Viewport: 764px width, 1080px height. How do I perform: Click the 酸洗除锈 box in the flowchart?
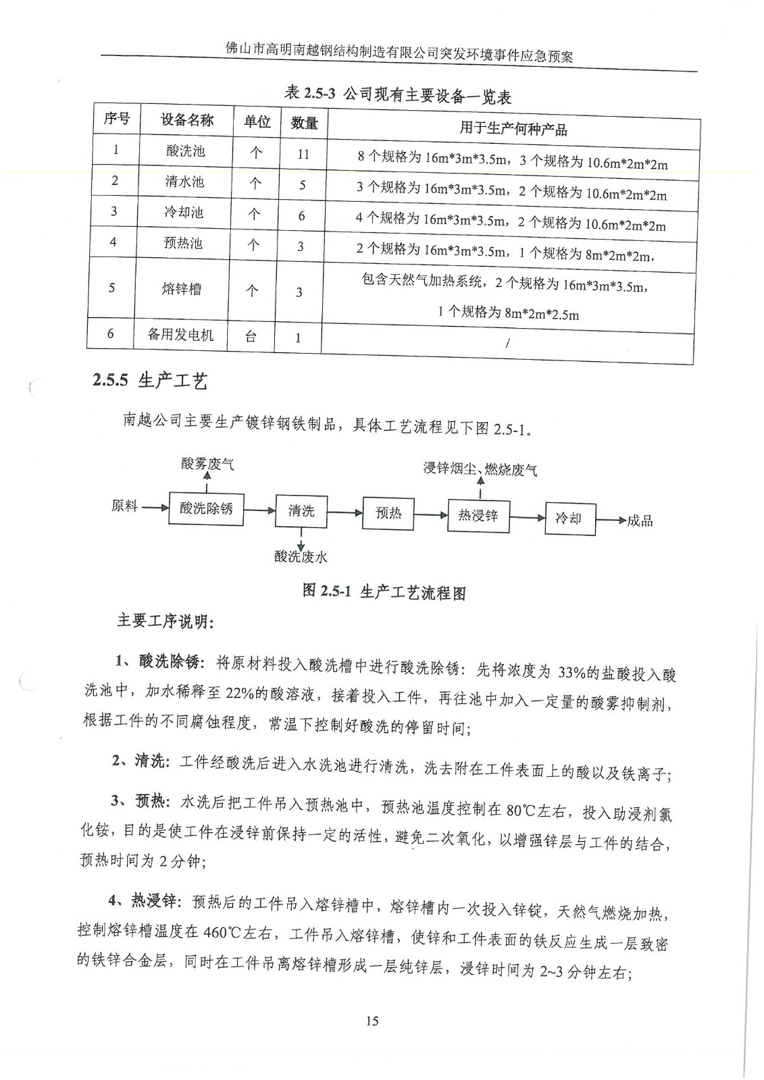point(206,508)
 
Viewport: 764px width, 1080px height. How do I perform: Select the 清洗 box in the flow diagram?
point(301,511)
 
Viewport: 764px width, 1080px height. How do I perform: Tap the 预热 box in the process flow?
point(388,514)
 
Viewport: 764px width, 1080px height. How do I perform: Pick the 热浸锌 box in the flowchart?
point(478,516)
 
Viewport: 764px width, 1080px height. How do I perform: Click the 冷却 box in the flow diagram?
point(569,518)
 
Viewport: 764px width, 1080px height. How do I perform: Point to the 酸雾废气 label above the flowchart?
point(207,464)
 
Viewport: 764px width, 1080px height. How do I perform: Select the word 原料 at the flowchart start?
point(124,506)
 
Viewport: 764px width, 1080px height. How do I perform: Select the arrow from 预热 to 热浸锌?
point(431,515)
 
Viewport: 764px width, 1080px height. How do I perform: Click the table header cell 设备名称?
point(187,120)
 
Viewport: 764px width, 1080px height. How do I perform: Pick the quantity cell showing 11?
point(303,154)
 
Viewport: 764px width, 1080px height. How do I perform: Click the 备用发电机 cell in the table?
point(180,334)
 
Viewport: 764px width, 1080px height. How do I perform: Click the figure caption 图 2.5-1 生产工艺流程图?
point(384,592)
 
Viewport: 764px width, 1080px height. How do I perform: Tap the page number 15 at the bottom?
point(372,1021)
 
